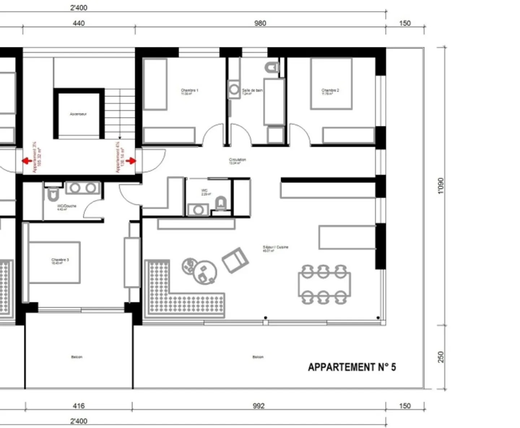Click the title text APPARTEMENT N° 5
(352, 367)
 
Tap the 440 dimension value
(79, 23)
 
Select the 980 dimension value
(260, 23)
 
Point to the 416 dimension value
(78, 406)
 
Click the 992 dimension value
(259, 406)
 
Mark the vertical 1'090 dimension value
(441, 186)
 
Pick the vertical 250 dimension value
(441, 357)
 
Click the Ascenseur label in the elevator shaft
(78, 114)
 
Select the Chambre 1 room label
(190, 91)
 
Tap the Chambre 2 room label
(330, 91)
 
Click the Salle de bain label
(252, 91)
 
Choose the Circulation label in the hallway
(237, 160)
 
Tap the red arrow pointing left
(26, 161)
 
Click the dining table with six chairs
(324, 284)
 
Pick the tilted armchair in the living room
(235, 260)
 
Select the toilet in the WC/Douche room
(53, 195)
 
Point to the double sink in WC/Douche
(83, 188)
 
